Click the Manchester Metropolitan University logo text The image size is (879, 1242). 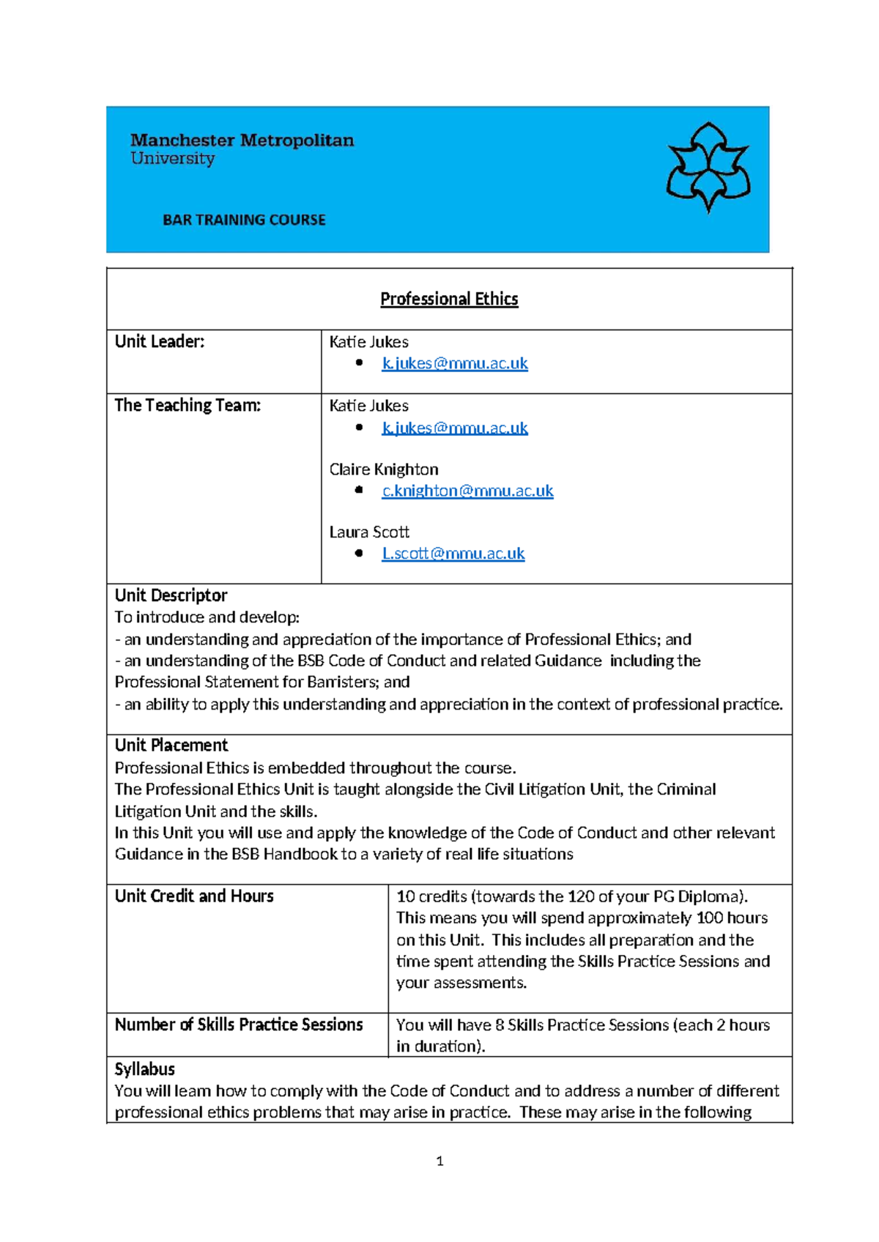(242, 149)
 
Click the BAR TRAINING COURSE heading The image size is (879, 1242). (244, 220)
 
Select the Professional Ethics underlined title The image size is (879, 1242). (449, 299)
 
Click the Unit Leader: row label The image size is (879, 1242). (160, 341)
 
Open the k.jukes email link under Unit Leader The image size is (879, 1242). (454, 363)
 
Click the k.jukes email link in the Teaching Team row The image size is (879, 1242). (454, 428)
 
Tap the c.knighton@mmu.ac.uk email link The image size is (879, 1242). (467, 491)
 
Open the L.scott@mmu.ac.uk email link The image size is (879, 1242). (453, 554)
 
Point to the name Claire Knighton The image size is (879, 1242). (384, 469)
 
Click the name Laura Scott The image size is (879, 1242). (369, 532)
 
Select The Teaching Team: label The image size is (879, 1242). (188, 405)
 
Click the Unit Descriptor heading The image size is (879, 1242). (171, 595)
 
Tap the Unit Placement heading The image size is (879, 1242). (171, 745)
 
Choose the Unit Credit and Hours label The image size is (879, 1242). (194, 896)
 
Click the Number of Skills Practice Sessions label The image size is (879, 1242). (239, 1025)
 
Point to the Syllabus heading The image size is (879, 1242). (145, 1069)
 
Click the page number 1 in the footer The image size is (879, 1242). (439, 1161)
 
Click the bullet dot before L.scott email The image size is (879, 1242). (359, 554)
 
